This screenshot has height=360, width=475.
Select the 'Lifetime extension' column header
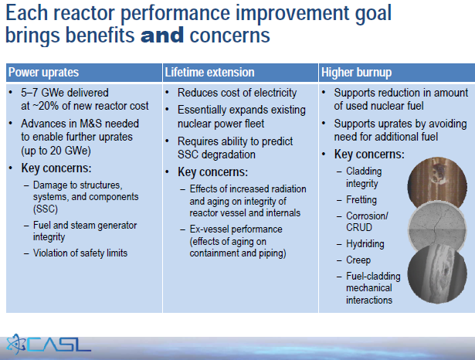(209, 73)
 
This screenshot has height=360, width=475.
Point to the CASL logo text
(62, 342)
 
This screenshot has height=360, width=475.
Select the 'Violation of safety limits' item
(80, 253)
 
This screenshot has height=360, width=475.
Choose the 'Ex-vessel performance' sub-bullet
(236, 229)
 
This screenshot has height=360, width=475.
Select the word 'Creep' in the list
(358, 260)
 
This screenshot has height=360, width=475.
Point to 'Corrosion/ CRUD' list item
(367, 222)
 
